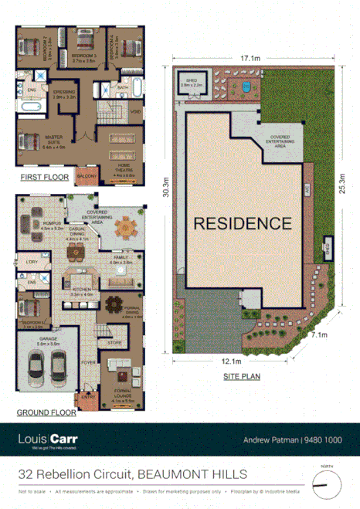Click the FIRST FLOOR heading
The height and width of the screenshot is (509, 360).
(43, 177)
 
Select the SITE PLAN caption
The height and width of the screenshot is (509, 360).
(241, 376)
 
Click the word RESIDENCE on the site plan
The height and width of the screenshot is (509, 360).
(242, 224)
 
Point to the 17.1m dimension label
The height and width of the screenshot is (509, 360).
(249, 57)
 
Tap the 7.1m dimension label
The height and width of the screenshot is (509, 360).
(319, 334)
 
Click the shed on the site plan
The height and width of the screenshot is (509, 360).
(192, 85)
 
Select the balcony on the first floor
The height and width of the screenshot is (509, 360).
(86, 177)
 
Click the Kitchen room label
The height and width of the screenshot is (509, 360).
(81, 291)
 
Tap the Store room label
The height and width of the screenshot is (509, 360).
(114, 341)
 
